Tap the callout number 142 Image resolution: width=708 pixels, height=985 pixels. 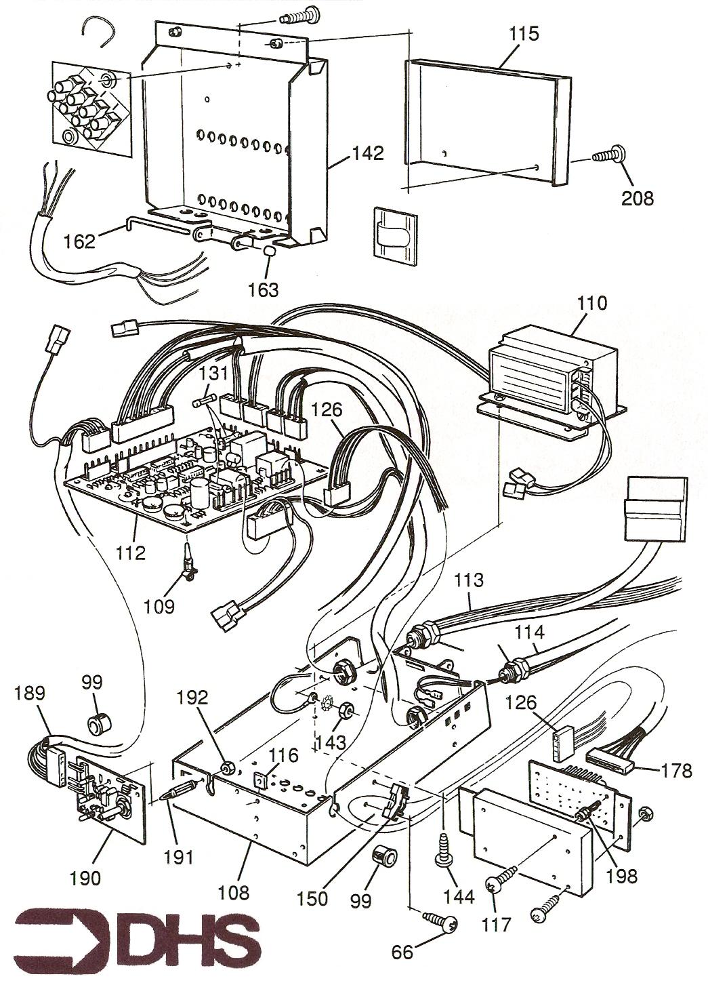coord(367,153)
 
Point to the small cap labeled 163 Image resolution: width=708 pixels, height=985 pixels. coord(269,252)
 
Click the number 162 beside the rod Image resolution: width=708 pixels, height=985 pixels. coord(81,241)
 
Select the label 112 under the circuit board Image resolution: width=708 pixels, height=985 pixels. coord(131,552)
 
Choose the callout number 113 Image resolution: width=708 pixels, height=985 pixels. coord(470,580)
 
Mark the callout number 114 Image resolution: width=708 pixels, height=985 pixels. coord(529,632)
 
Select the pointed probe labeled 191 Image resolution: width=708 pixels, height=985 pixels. coord(182,790)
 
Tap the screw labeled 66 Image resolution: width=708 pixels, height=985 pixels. coord(442,922)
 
